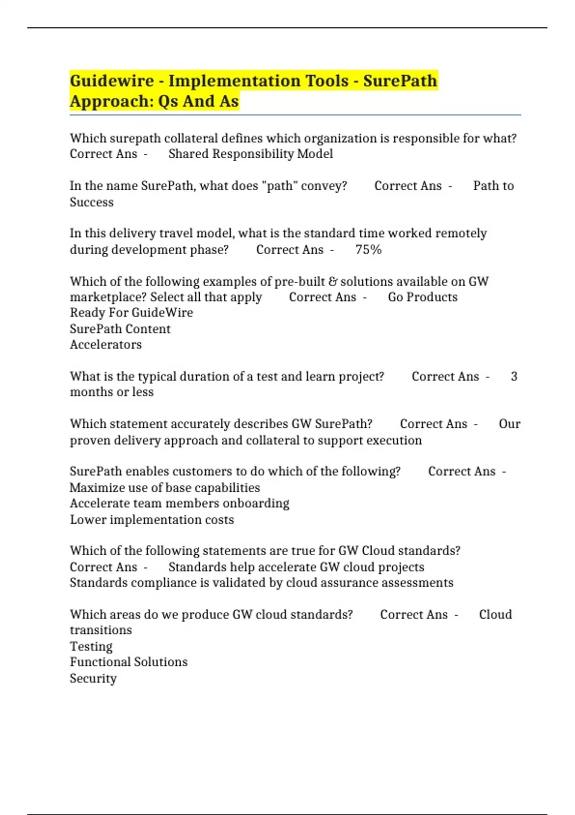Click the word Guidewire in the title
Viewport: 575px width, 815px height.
point(112,81)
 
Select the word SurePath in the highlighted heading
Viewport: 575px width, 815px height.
point(400,81)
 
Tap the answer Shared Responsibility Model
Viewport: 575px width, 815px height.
point(251,154)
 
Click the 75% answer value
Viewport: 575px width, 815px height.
point(368,250)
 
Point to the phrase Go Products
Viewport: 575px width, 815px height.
point(423,297)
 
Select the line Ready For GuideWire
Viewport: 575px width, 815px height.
point(131,313)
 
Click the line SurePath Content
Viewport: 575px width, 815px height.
point(120,329)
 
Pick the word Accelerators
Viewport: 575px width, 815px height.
point(105,345)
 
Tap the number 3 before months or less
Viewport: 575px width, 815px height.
point(514,376)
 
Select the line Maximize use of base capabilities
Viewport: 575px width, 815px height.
point(165,488)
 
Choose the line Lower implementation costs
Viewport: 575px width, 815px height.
point(152,520)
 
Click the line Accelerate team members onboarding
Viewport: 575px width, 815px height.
point(179,503)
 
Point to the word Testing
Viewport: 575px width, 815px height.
point(91,646)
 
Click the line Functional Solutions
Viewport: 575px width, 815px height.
point(128,662)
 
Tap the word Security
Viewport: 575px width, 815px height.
point(93,678)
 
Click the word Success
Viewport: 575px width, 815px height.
point(92,202)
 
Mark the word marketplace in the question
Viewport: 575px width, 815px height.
point(108,297)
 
